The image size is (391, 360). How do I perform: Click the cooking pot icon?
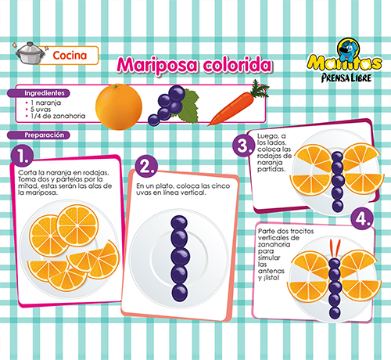point(29,53)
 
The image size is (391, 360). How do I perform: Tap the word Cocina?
point(70,56)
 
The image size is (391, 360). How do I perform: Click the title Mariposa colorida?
point(195,65)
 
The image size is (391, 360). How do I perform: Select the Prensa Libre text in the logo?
point(346,77)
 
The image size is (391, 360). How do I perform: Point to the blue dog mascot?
point(348,49)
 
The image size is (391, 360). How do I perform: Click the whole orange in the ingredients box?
point(119,106)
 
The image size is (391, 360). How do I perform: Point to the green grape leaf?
point(190,106)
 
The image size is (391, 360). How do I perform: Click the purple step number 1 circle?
point(23,156)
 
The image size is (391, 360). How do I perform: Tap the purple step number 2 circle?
point(147,166)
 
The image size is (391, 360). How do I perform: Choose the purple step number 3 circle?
point(243,146)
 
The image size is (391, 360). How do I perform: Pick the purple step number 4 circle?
point(362,218)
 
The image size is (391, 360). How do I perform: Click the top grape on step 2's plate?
point(179,222)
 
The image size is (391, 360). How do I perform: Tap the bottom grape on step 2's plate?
point(180,293)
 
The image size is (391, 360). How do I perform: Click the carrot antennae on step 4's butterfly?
point(335,249)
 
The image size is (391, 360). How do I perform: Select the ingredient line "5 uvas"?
point(41,110)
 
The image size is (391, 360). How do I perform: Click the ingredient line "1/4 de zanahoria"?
point(58,116)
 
